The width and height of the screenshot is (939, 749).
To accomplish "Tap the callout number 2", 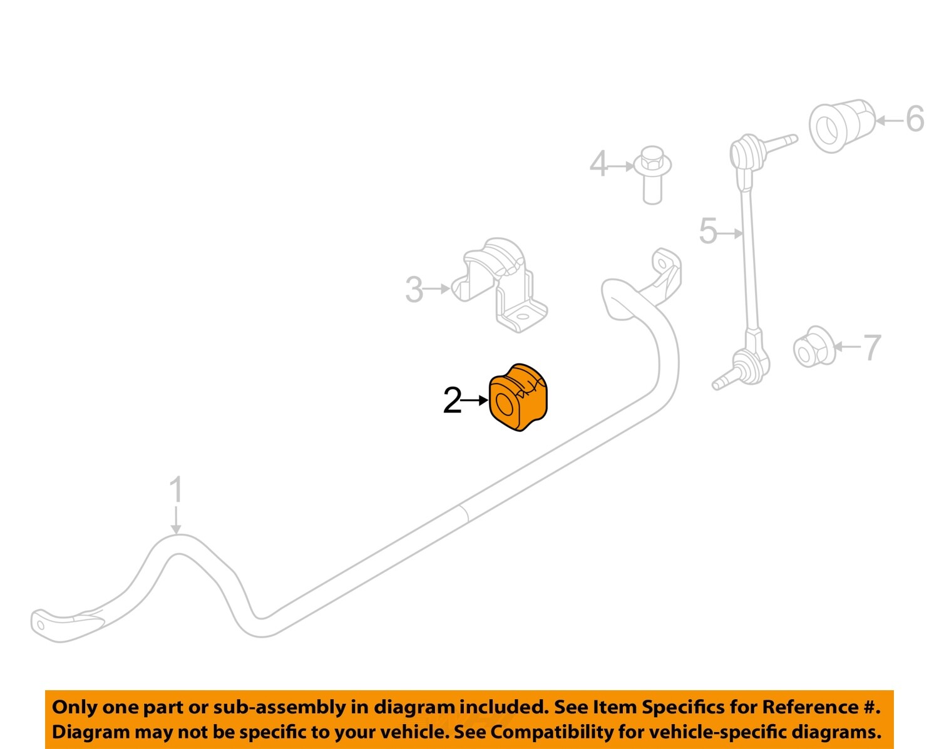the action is click(452, 400).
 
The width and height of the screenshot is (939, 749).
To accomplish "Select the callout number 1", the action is click(177, 489).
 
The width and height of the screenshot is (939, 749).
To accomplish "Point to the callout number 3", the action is click(414, 290).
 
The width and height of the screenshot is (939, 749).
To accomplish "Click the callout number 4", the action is click(598, 165).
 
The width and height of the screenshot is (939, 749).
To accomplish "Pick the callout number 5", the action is click(708, 232).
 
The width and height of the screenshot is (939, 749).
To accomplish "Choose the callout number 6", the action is click(915, 119).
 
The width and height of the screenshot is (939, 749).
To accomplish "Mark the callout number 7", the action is click(871, 347).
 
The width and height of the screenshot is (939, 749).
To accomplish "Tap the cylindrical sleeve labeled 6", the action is click(841, 125).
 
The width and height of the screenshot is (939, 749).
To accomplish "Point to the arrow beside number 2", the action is click(475, 400).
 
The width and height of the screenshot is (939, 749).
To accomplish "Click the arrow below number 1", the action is click(177, 520).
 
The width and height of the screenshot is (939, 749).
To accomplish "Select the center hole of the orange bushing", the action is click(505, 405).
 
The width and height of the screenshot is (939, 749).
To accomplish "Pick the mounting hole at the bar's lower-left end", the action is click(41, 624).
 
